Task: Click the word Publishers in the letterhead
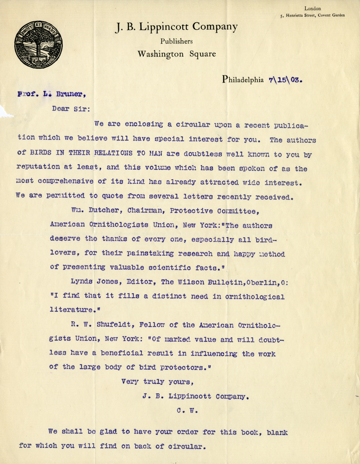(x=176, y=41)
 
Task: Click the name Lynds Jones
(x=92, y=283)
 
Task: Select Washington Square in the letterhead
(x=176, y=54)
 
